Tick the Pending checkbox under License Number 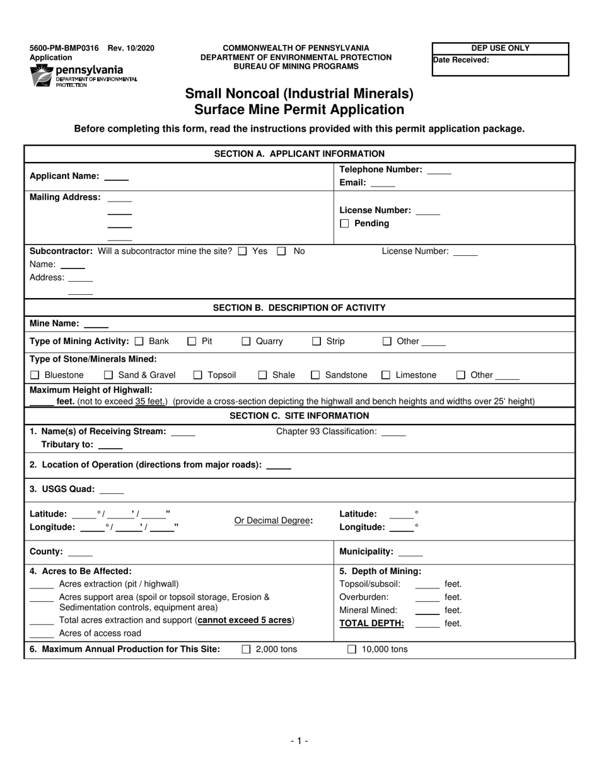click(344, 224)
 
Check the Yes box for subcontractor click(243, 251)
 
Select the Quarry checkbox click(247, 342)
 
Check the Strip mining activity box click(317, 342)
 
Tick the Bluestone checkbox click(35, 376)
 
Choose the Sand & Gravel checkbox click(108, 376)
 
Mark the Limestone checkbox click(386, 376)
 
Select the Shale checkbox click(262, 376)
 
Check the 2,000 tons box click(246, 650)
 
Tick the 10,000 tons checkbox click(352, 650)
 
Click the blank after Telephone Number click(439, 171)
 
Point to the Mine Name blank click(96, 324)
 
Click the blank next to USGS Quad click(112, 490)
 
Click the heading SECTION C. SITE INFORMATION click(299, 416)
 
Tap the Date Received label click(460, 60)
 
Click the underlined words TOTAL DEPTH click(371, 624)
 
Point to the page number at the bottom click(299, 742)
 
